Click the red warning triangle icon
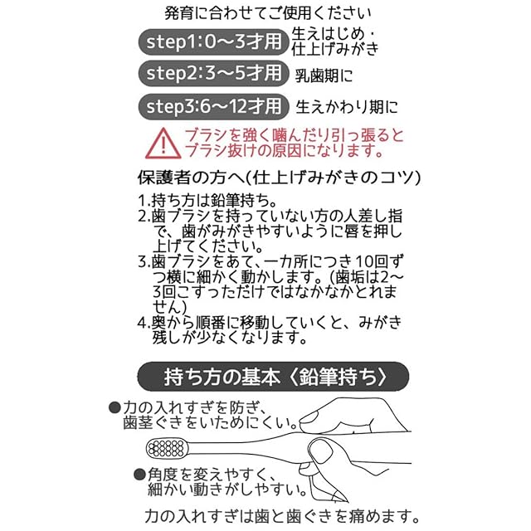(x=163, y=144)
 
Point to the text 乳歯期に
(x=324, y=76)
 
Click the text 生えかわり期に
(x=347, y=107)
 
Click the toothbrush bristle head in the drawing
(x=163, y=449)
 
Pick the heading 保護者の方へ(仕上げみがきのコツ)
(x=279, y=178)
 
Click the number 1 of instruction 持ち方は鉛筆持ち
(x=142, y=201)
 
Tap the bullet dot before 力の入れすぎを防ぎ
(x=114, y=407)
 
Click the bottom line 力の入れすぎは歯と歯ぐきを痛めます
(x=277, y=515)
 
